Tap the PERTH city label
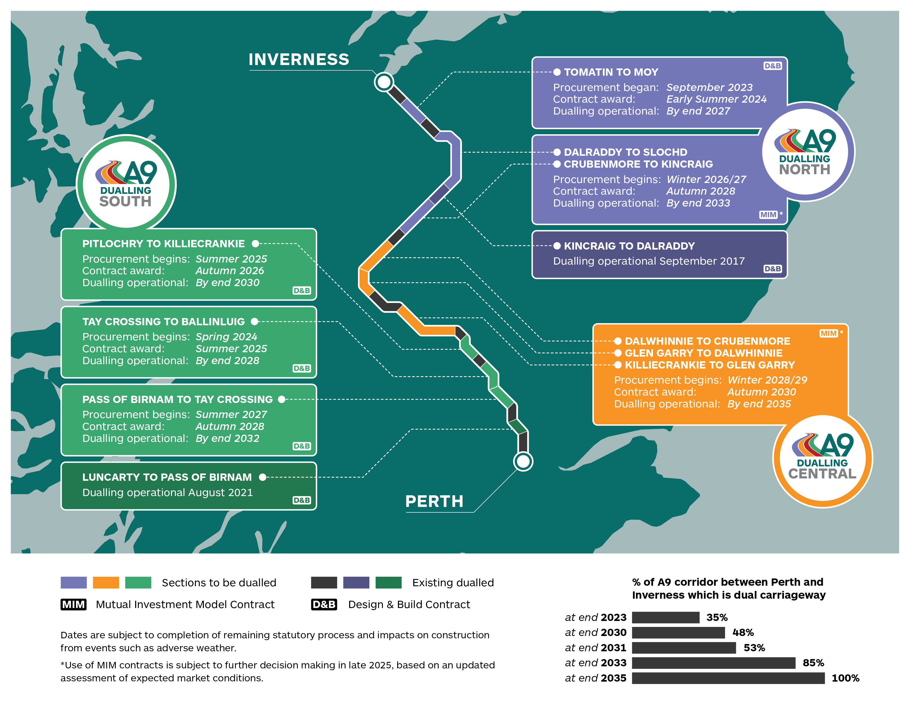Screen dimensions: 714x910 pyautogui.click(x=434, y=501)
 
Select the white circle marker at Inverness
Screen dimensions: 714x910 pyautogui.click(x=384, y=82)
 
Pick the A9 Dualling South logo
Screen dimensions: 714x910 pyautogui.click(x=126, y=184)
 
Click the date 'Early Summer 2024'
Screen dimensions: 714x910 pyautogui.click(x=716, y=99)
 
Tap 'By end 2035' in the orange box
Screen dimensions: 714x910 pyautogui.click(x=759, y=404)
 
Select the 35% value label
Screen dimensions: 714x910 pyautogui.click(x=717, y=617)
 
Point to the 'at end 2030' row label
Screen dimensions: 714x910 pyautogui.click(x=595, y=632)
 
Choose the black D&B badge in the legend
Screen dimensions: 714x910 pyautogui.click(x=324, y=604)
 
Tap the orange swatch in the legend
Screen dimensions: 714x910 pyautogui.click(x=106, y=582)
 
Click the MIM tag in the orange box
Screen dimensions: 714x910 pyautogui.click(x=828, y=333)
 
